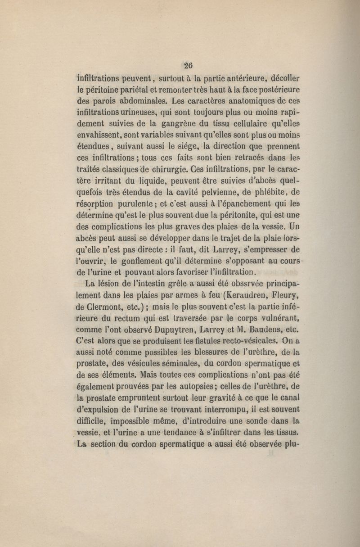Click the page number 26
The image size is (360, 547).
[x=188, y=64]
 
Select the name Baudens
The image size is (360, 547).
[x=263, y=331]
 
